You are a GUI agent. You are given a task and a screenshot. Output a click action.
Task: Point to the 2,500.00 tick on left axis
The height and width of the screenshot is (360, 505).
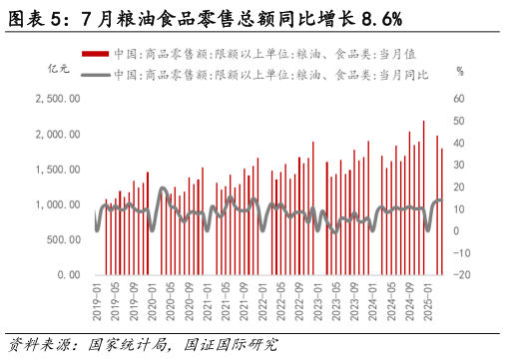57,99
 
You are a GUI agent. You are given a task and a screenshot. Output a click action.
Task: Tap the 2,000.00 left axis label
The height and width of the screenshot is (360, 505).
57,134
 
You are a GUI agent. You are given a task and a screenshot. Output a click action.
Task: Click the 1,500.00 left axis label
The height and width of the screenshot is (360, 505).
57,170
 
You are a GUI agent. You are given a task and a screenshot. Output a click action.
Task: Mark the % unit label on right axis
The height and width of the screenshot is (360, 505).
459,71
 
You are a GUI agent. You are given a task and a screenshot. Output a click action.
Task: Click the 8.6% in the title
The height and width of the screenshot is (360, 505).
377,17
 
